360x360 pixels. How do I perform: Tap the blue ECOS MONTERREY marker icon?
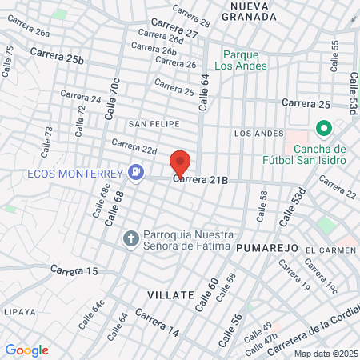tap(137, 172)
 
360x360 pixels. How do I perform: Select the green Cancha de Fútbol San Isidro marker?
tap(323, 128)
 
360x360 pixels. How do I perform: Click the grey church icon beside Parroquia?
tap(131, 238)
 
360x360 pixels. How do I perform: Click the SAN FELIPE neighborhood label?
tap(154, 124)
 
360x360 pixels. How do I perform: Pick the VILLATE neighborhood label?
tap(171, 295)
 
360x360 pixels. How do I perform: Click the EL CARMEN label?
tap(330, 250)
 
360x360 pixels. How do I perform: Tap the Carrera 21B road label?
tap(201, 181)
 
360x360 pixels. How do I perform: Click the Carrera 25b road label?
tap(57, 55)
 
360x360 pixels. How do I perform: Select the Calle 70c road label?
tap(113, 99)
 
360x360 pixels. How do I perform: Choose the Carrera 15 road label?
tap(74, 271)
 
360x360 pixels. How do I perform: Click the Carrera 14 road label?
tap(157, 322)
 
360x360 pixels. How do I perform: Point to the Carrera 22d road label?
tap(134, 146)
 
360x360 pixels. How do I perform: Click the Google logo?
tap(26, 350)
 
